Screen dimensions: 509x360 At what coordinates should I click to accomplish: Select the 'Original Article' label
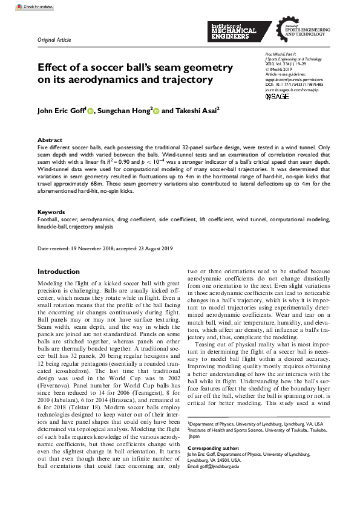click(x=54, y=40)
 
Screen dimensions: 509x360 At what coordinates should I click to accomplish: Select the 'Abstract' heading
click(x=50, y=140)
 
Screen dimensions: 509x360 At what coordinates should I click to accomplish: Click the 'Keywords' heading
click(x=51, y=212)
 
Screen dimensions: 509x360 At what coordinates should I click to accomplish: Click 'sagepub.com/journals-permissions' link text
click(x=295, y=79)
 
